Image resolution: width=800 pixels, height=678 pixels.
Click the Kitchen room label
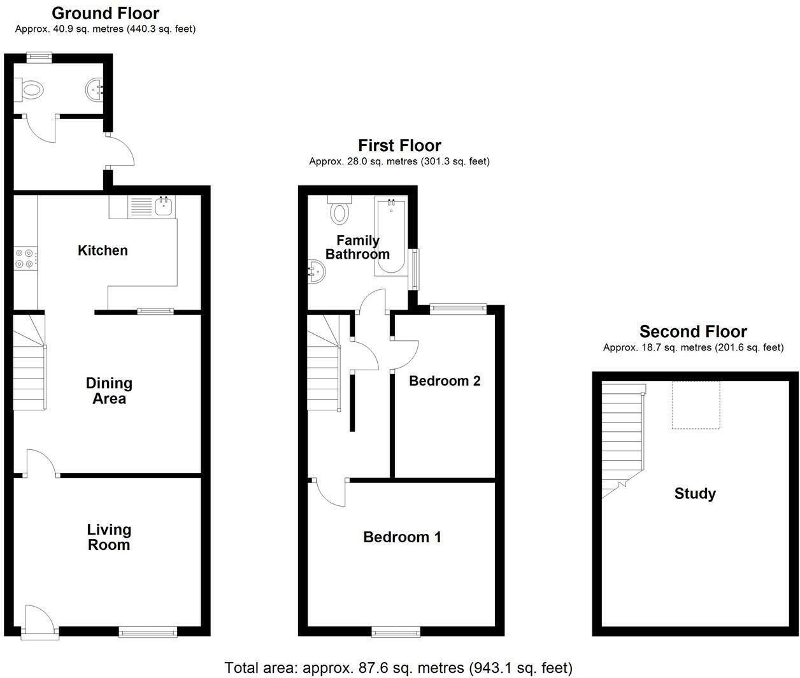tap(103, 250)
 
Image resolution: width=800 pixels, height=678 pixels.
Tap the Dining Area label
tap(109, 391)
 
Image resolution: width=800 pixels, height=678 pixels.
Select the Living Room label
tap(109, 537)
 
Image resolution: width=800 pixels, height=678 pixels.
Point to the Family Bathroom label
tap(357, 247)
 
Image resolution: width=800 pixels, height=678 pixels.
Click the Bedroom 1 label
tap(402, 537)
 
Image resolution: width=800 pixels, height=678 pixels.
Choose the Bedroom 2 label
tap(445, 381)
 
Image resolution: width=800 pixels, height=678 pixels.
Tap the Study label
tap(695, 494)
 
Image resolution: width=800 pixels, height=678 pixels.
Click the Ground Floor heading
tap(105, 13)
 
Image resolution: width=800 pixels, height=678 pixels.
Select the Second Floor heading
tap(693, 331)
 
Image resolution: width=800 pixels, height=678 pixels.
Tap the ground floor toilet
tap(29, 90)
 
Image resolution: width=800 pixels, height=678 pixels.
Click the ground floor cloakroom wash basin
tap(95, 90)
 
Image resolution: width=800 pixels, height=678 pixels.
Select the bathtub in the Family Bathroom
tap(390, 236)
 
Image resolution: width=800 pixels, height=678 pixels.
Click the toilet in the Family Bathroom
tap(339, 209)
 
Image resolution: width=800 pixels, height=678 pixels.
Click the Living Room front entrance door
tap(38, 621)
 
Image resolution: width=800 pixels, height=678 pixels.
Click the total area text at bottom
tap(398, 667)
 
